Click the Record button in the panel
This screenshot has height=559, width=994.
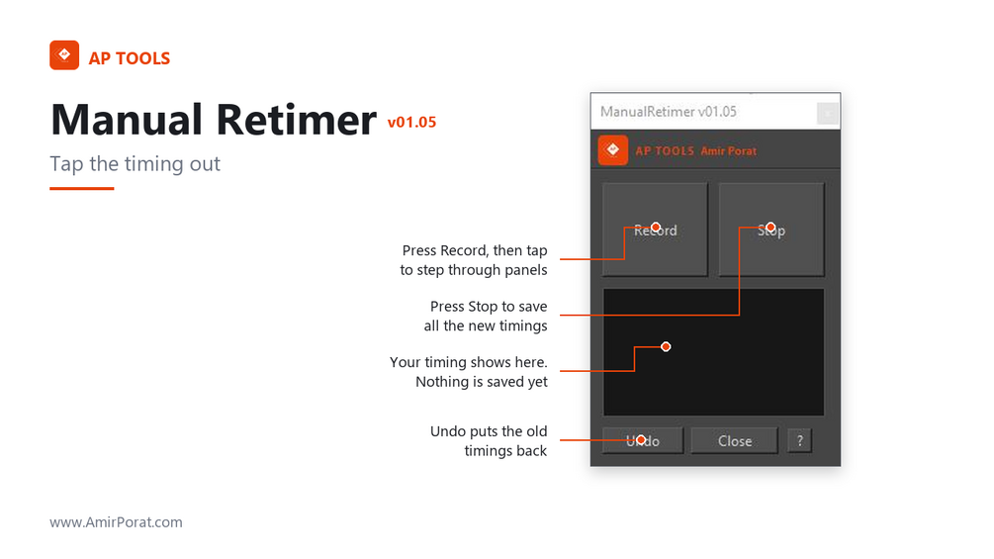(655, 230)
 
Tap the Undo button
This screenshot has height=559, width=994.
(643, 440)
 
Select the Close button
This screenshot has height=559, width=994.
(734, 440)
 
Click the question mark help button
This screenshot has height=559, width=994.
(800, 440)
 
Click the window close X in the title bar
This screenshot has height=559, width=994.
(827, 114)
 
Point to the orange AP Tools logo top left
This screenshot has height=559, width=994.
(64, 55)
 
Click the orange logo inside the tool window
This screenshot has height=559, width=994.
(612, 150)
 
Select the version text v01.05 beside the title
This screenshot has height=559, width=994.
(412, 122)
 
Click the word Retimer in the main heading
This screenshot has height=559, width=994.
(296, 119)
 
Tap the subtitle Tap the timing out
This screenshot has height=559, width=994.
(136, 163)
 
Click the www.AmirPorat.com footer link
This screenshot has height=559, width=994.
(116, 522)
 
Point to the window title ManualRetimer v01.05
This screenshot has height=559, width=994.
(669, 112)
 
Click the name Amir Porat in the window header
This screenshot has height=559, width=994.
(728, 150)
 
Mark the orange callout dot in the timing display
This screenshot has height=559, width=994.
(666, 346)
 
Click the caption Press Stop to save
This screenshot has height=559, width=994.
(489, 306)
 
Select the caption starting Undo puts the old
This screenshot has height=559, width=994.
(489, 441)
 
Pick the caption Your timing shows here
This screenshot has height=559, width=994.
(469, 362)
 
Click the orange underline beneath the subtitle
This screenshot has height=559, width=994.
(82, 188)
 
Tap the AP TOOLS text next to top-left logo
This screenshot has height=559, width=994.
(130, 58)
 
